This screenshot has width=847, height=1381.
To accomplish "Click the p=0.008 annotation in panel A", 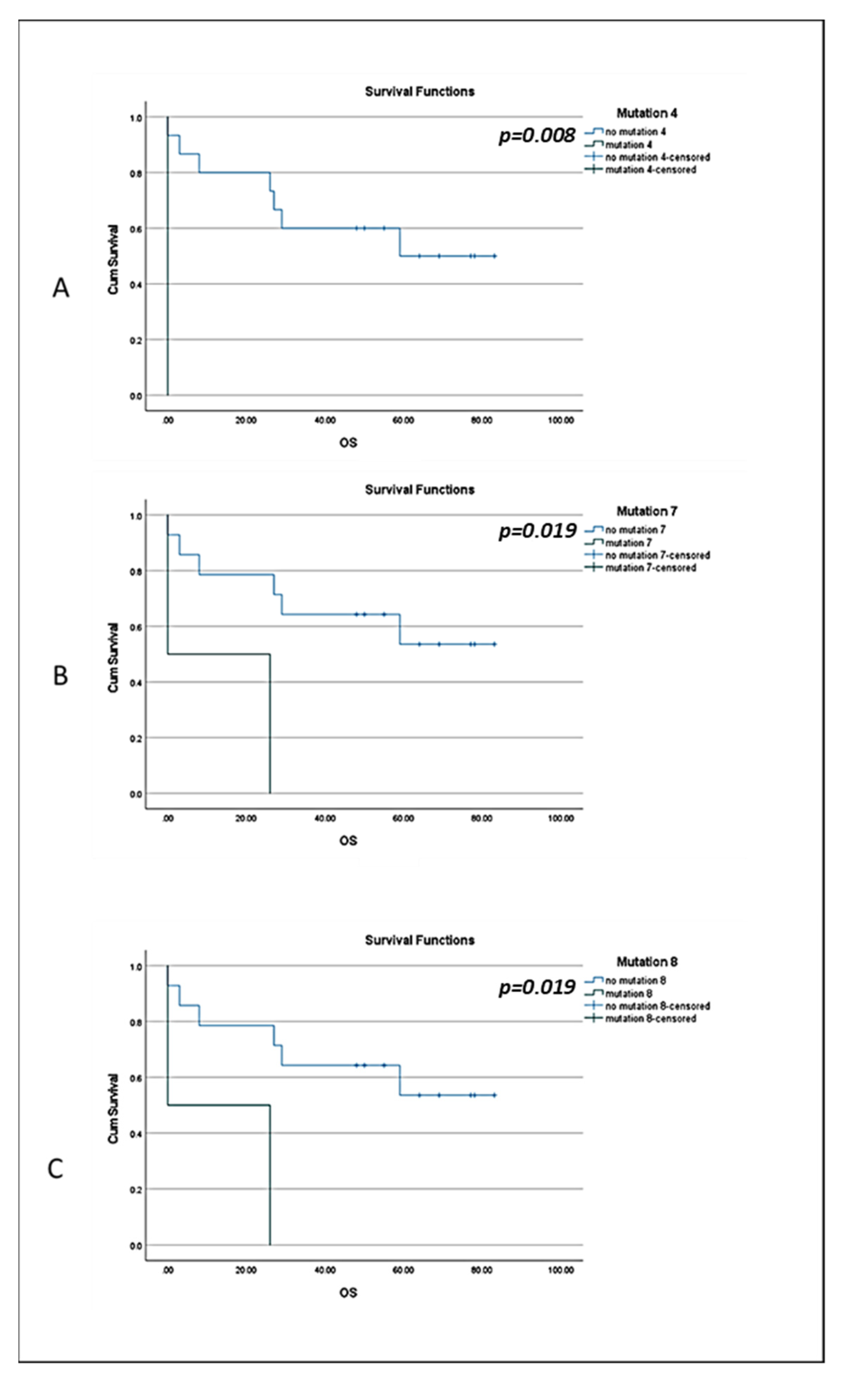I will [537, 136].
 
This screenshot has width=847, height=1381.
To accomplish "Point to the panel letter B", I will [60, 675].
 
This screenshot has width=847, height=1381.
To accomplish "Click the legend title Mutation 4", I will [646, 113].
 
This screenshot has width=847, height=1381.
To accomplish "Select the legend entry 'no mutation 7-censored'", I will [657, 555].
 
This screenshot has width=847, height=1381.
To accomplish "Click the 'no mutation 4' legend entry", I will [635, 132].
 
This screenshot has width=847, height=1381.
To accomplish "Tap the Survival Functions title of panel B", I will [419, 489].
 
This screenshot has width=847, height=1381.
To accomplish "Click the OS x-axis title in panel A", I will [347, 443].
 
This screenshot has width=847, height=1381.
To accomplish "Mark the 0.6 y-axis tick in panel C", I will [136, 1078].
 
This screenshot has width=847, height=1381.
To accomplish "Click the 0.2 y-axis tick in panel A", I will [136, 340].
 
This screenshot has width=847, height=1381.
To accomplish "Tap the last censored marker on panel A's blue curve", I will [494, 256].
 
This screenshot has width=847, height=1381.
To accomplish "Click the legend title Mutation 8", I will [646, 962].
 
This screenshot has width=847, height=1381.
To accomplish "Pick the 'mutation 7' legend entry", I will [628, 543].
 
